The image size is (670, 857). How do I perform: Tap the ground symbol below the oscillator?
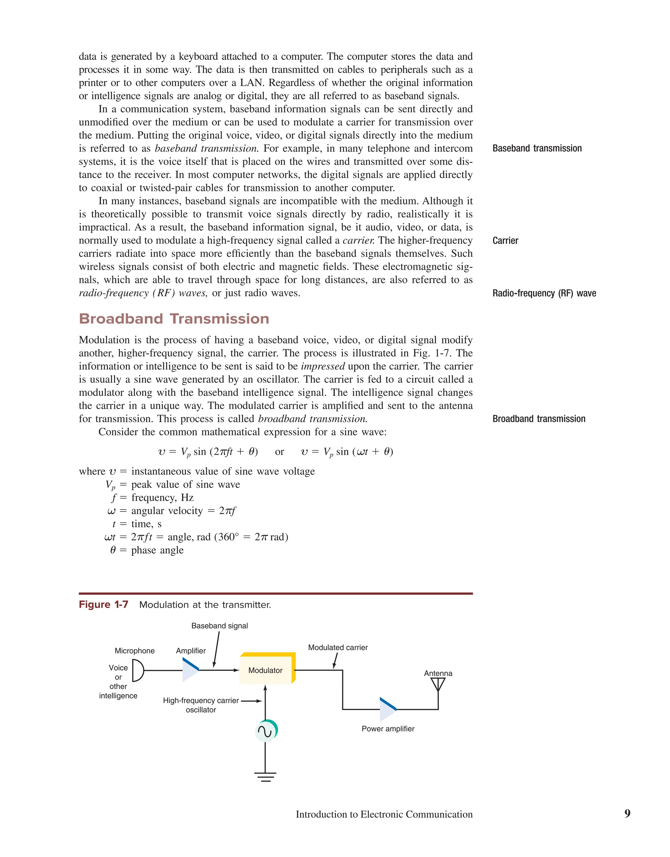point(266,776)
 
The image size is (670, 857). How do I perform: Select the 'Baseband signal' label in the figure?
point(220,626)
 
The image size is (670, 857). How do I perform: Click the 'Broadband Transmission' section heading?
point(174,319)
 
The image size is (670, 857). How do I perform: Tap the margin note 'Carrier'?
point(505,240)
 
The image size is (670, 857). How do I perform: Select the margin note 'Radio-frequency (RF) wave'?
point(544,293)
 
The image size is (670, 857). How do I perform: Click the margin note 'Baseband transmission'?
point(537,148)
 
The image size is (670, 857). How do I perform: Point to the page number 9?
point(627,813)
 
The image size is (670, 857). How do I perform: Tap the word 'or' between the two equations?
point(279,452)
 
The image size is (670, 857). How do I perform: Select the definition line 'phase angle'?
point(157,550)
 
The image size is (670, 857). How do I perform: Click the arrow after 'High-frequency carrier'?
point(252,701)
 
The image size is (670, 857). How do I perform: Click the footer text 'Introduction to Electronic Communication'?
point(384,814)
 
